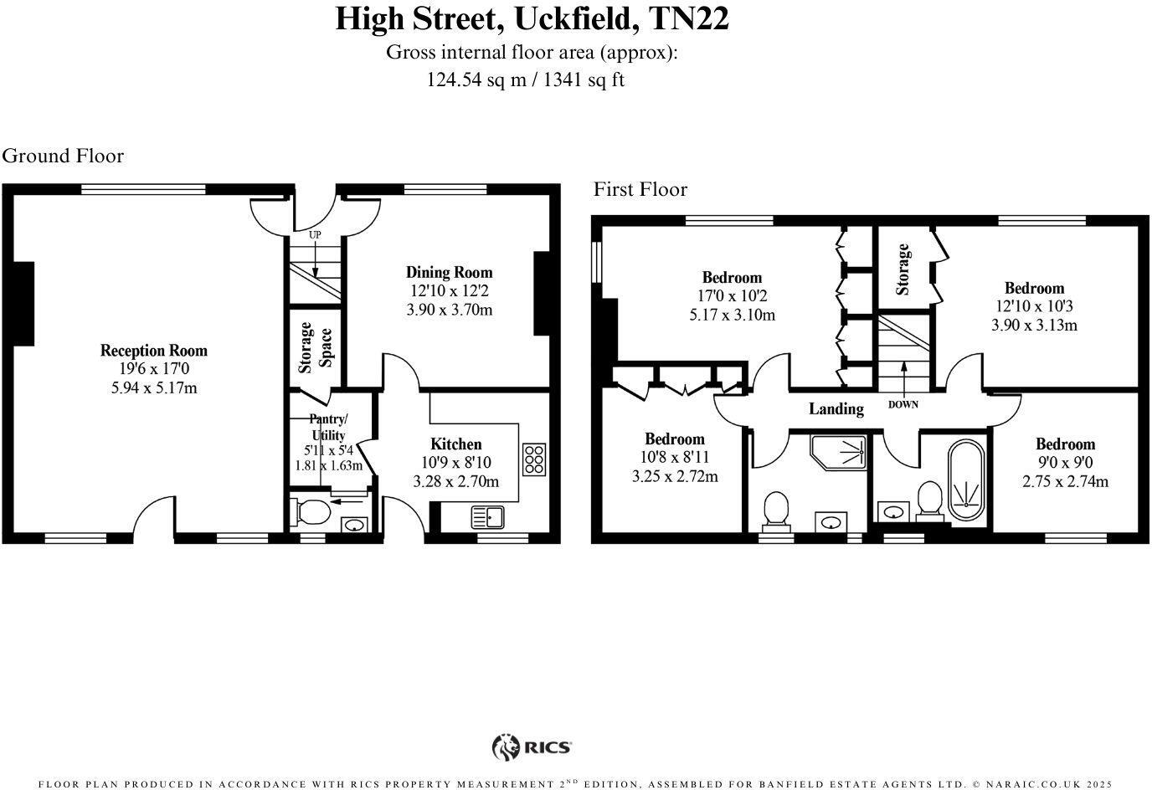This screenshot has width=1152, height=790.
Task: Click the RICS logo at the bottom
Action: (532, 746)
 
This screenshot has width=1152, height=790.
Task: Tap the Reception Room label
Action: (153, 351)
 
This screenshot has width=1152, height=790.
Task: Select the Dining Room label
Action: (450, 272)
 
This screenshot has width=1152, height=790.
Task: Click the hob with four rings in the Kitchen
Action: (533, 459)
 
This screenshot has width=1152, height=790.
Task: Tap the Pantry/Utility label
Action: (328, 428)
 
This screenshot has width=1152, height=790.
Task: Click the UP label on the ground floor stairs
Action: (315, 235)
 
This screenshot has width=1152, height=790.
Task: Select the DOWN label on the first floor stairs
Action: (903, 404)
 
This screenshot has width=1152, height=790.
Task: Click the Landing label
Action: (836, 408)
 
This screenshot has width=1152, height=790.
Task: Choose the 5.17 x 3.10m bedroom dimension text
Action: (732, 315)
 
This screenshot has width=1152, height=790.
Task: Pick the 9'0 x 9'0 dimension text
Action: (1065, 463)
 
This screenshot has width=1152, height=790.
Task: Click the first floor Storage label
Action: (903, 269)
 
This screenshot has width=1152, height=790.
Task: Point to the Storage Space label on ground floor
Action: (316, 347)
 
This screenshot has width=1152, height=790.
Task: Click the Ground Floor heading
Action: (63, 156)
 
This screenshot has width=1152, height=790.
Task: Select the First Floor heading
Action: (640, 189)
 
